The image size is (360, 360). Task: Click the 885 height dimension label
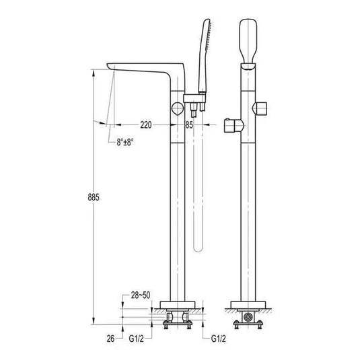pyautogui.click(x=94, y=197)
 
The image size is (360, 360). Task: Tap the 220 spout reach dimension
pyautogui.click(x=146, y=125)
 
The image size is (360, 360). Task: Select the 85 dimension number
pyautogui.click(x=189, y=125)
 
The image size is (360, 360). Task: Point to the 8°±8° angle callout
pyautogui.click(x=125, y=142)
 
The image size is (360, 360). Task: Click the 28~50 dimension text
pyautogui.click(x=141, y=295)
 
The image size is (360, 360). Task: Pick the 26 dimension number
pyautogui.click(x=110, y=338)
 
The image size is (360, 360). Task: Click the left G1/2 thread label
pyautogui.click(x=136, y=338)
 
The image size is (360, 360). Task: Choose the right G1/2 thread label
pyautogui.click(x=218, y=338)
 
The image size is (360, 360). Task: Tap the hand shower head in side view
pyautogui.click(x=205, y=57)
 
